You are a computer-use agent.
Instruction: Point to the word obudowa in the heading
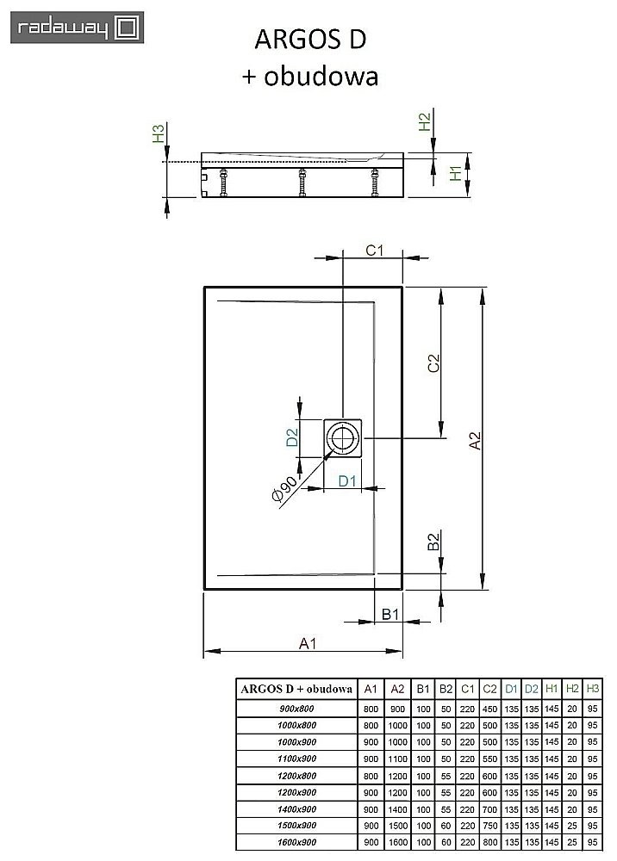(333, 77)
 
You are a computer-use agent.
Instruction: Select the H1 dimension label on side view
(456, 174)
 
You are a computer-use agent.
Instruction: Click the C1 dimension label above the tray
(374, 251)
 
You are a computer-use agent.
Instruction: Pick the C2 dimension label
(433, 363)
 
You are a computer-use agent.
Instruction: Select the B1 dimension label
(390, 614)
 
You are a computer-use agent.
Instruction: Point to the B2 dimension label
(434, 542)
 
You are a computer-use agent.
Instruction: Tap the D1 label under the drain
(347, 480)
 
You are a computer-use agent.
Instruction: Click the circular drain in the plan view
(344, 438)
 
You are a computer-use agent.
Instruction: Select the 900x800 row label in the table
(296, 709)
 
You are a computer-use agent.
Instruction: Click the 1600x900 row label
(296, 840)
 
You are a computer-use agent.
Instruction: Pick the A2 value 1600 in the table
(397, 840)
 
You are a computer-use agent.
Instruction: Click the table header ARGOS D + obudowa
(296, 688)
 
